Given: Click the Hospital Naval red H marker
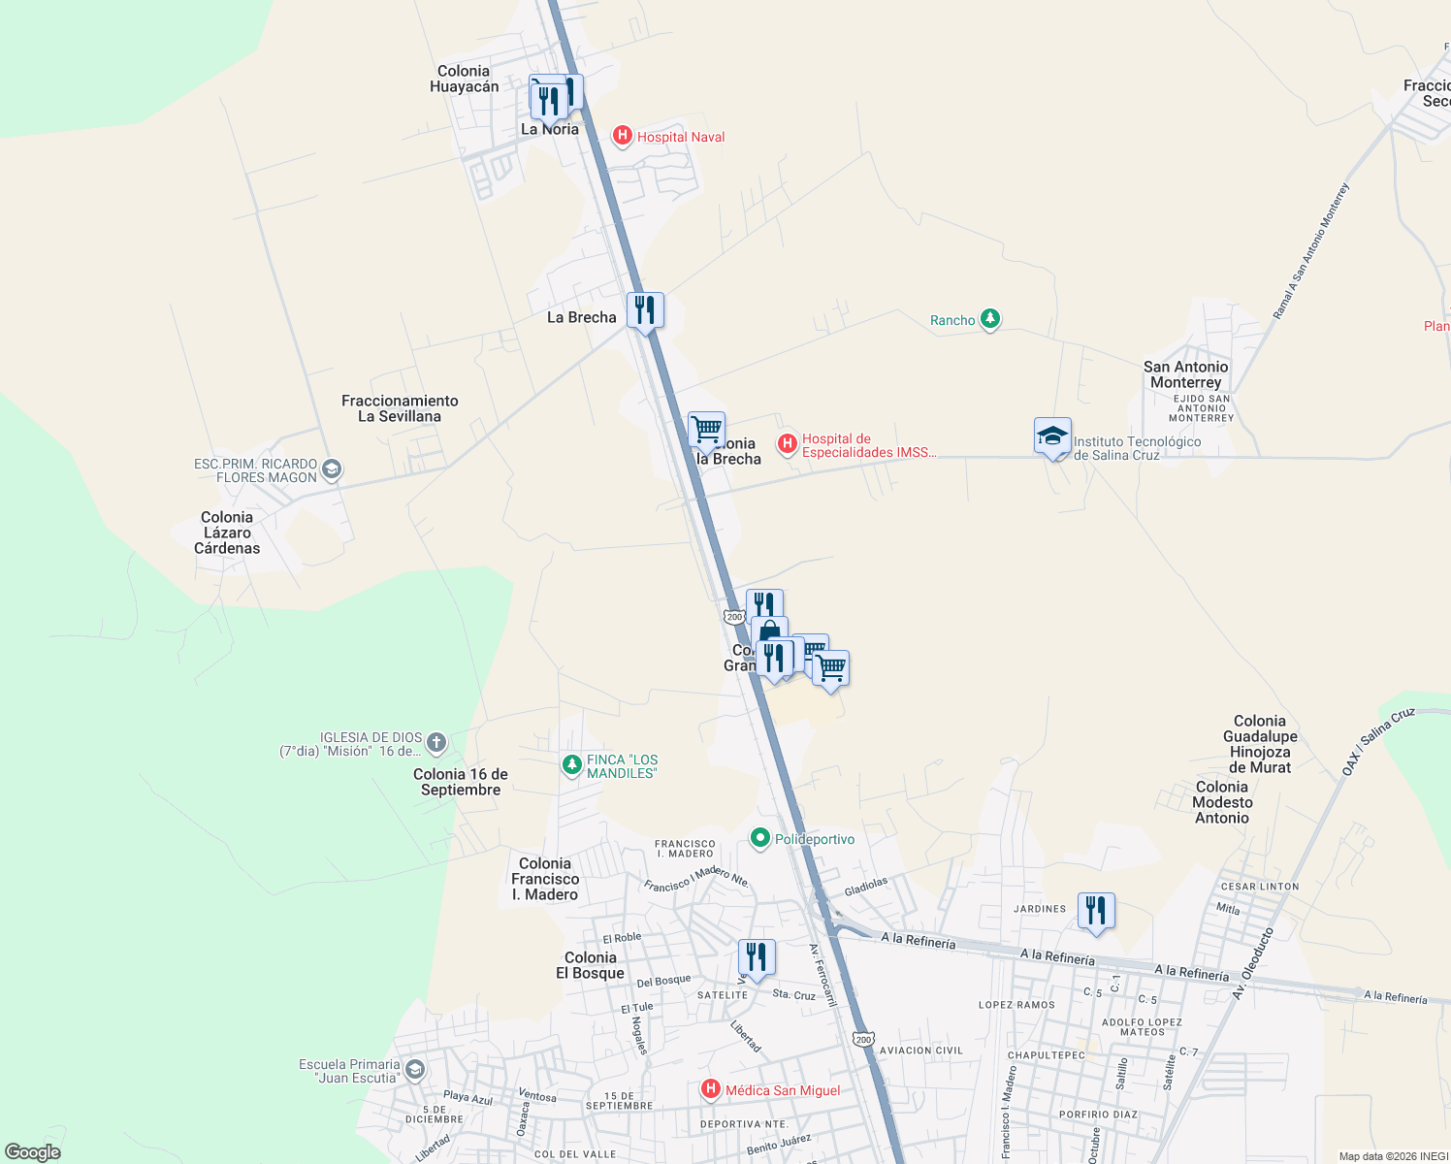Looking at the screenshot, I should (x=623, y=136).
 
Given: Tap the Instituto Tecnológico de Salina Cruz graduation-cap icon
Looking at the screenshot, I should (x=1052, y=436).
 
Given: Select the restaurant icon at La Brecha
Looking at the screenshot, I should (x=645, y=310).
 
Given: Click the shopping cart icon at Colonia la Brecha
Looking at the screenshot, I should (x=707, y=429).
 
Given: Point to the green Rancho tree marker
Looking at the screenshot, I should (x=989, y=318).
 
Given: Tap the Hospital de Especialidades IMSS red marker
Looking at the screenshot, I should (x=788, y=444).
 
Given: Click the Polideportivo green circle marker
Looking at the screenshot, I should (x=760, y=838).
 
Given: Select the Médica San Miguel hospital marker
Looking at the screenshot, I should (x=711, y=1089).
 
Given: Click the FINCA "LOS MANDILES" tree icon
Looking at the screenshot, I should (x=572, y=765).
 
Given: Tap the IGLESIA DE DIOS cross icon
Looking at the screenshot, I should (x=435, y=744).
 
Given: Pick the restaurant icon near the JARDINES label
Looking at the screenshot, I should (x=1096, y=911).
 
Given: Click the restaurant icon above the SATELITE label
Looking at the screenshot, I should (x=757, y=957).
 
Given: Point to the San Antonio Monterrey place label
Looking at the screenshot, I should (x=1185, y=374).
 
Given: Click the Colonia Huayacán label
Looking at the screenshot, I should (x=464, y=79).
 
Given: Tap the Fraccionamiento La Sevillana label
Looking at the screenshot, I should (x=400, y=408).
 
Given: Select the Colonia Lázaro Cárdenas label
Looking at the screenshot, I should (x=227, y=533).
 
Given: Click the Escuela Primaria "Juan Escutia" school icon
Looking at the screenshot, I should (x=415, y=1070).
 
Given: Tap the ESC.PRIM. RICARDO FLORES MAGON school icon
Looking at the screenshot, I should (x=331, y=470).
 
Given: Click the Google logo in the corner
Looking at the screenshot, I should (x=33, y=1151).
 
